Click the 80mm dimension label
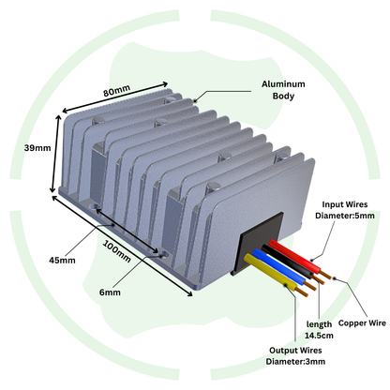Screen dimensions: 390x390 (116, 91)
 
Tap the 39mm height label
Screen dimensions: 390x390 (37, 148)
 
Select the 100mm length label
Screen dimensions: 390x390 (117, 251)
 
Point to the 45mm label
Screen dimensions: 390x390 (62, 260)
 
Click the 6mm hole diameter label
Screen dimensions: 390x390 (110, 292)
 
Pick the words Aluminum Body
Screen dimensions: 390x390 (283, 90)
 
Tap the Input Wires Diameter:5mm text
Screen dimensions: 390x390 (345, 210)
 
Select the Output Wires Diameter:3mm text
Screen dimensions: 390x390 (295, 355)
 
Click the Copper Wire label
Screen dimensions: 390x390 (362, 322)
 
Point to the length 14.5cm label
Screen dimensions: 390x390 (319, 330)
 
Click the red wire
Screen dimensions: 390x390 (295, 257)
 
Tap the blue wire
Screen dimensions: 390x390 (279, 267)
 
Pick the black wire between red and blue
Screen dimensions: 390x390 (288, 262)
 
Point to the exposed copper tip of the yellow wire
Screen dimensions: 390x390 (303, 292)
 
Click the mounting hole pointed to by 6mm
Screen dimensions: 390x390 (163, 254)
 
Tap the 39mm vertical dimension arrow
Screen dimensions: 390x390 (55, 154)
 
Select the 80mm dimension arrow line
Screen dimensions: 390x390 (115, 97)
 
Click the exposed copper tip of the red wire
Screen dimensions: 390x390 (326, 275)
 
